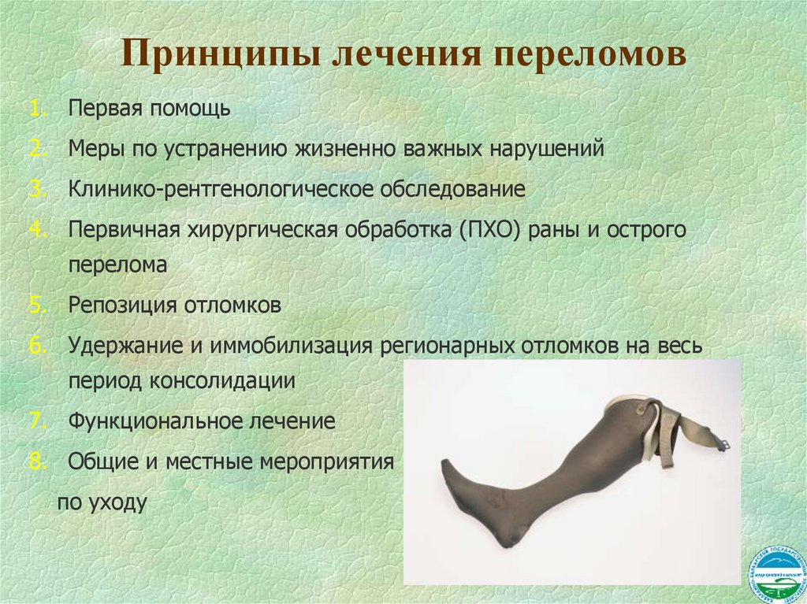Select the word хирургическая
coord(263,229)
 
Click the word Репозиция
coord(124,305)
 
